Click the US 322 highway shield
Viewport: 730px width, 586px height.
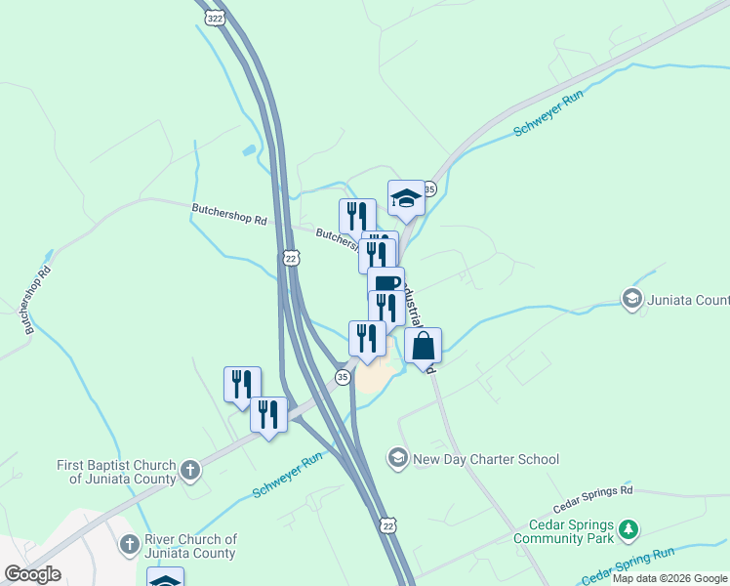point(216,19)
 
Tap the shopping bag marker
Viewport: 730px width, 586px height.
point(424,347)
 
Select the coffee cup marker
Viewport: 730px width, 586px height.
point(385,284)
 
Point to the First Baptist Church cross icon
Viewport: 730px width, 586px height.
point(190,471)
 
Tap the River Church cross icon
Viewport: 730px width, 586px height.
point(128,544)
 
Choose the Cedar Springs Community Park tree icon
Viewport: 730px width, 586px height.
point(630,530)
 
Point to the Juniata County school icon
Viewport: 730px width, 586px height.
point(631,298)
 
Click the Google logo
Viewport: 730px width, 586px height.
point(32,574)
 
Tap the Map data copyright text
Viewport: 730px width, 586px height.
point(670,578)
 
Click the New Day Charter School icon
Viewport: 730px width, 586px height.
point(397,457)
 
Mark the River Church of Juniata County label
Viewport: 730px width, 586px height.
point(190,546)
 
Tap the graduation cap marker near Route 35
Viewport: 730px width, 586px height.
point(406,198)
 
